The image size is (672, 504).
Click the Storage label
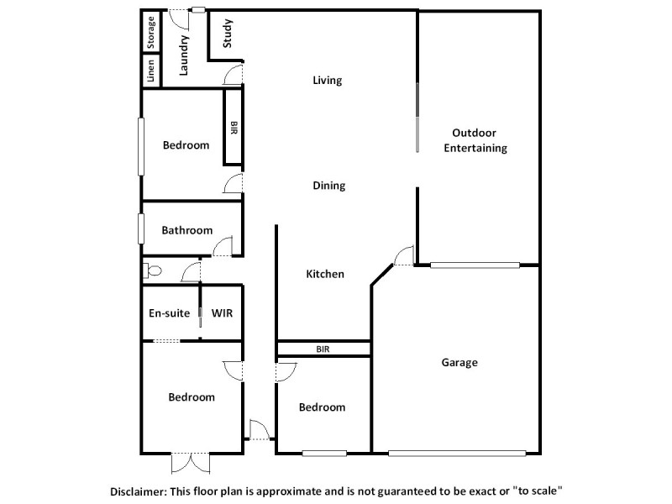tap(151, 32)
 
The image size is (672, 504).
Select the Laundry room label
tap(184, 54)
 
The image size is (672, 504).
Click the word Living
tap(328, 81)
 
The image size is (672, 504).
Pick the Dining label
tap(328, 186)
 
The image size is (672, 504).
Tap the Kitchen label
tap(325, 274)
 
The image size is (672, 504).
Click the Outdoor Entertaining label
tap(475, 140)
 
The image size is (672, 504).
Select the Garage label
tap(459, 363)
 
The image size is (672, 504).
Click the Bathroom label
tap(187, 230)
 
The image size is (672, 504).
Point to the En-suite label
tap(169, 313)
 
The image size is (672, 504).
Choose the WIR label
tap(222, 313)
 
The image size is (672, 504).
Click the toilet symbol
tap(151, 270)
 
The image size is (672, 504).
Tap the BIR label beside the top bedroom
tap(234, 128)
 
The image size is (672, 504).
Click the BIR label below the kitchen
tap(323, 348)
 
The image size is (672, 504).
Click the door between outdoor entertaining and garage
tap(405, 255)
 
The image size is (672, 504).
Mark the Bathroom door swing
tap(223, 246)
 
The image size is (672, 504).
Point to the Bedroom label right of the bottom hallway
tap(323, 407)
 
